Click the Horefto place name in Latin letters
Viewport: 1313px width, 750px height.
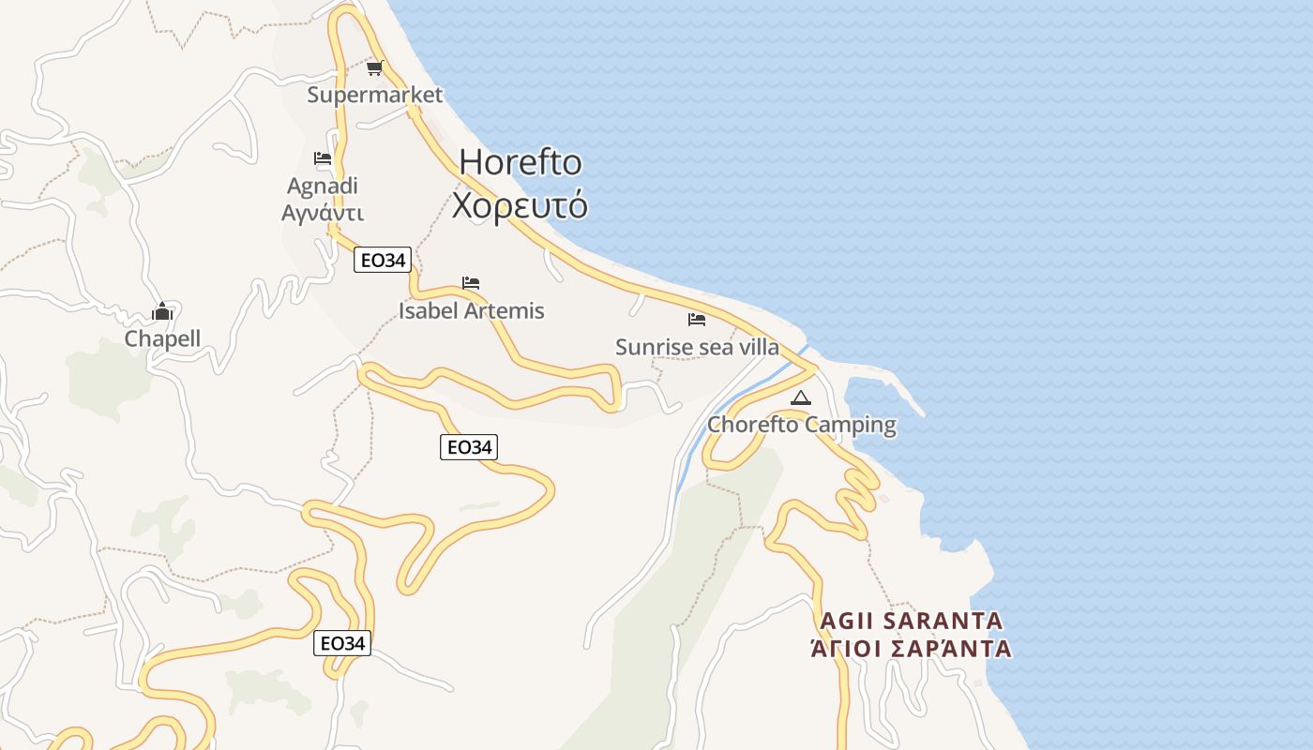point(521,162)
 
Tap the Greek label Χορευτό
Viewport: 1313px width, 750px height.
point(520,204)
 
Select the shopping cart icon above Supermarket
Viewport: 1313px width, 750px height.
point(375,67)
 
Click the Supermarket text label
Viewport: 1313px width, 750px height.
point(375,95)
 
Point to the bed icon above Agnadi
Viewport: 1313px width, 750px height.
point(323,158)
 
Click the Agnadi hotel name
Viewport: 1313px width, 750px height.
point(323,186)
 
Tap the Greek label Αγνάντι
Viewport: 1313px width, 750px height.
point(323,213)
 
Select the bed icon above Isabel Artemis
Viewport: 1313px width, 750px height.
point(471,282)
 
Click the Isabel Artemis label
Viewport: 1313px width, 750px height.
point(471,310)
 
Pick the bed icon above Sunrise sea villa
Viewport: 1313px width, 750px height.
point(697,320)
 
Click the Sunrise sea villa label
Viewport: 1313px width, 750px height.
point(697,347)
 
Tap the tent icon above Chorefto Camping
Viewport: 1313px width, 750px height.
point(800,397)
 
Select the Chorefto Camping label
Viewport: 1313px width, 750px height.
point(802,425)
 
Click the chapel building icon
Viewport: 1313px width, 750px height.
point(163,311)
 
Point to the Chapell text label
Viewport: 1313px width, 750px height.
point(163,339)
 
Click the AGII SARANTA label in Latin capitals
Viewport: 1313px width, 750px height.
point(912,621)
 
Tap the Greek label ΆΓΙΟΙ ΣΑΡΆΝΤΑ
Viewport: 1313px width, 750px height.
point(912,649)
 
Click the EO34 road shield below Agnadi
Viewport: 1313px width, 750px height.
point(383,261)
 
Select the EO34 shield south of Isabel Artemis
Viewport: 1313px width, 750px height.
point(469,448)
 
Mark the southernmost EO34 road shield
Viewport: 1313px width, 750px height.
point(342,643)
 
